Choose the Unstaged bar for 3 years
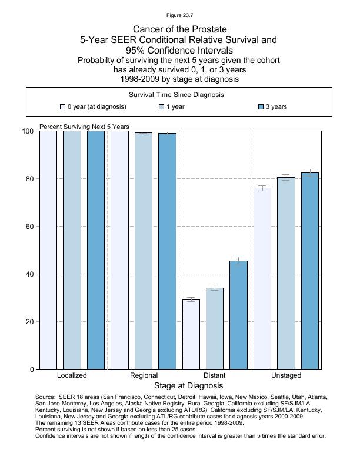[310, 271]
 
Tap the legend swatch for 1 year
[162, 107]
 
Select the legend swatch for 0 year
[62, 107]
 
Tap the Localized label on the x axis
[72, 375]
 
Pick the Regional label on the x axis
[144, 375]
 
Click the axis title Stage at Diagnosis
[188, 386]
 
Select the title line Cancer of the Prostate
[179, 29]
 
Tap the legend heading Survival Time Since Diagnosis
[179, 95]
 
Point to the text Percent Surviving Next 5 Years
[84, 127]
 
